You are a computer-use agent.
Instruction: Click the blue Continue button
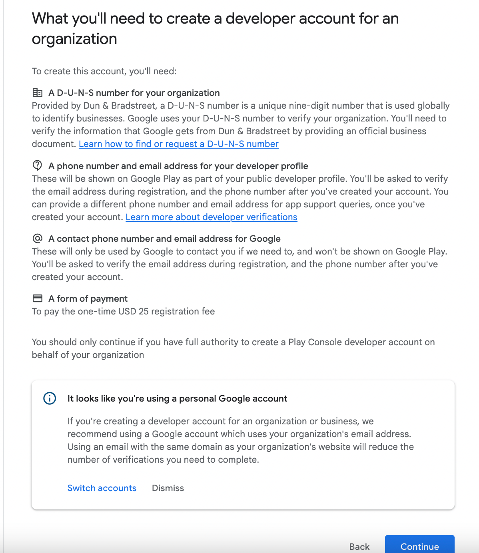[x=419, y=546]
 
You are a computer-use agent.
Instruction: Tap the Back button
[x=359, y=546]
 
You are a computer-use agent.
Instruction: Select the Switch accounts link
[x=102, y=488]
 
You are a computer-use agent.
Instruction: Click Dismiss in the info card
[x=168, y=488]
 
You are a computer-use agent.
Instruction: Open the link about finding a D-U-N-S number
[x=179, y=144]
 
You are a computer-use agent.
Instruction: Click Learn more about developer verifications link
[x=212, y=217]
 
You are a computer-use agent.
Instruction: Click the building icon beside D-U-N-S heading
[x=37, y=93]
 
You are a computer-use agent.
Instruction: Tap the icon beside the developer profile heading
[x=37, y=165]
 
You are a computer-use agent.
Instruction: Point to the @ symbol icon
[x=37, y=239]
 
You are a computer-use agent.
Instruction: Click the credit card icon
[x=37, y=298]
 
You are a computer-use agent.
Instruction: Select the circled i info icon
[x=50, y=398]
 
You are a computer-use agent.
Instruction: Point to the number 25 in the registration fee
[x=144, y=311]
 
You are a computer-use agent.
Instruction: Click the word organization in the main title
[x=74, y=39]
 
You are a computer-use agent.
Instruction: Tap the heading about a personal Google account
[x=177, y=398]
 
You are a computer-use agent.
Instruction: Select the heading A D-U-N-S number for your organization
[x=134, y=93]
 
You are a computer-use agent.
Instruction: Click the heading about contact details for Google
[x=164, y=239]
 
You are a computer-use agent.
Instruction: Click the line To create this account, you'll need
[x=104, y=71]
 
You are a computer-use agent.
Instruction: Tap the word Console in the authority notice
[x=325, y=342]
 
